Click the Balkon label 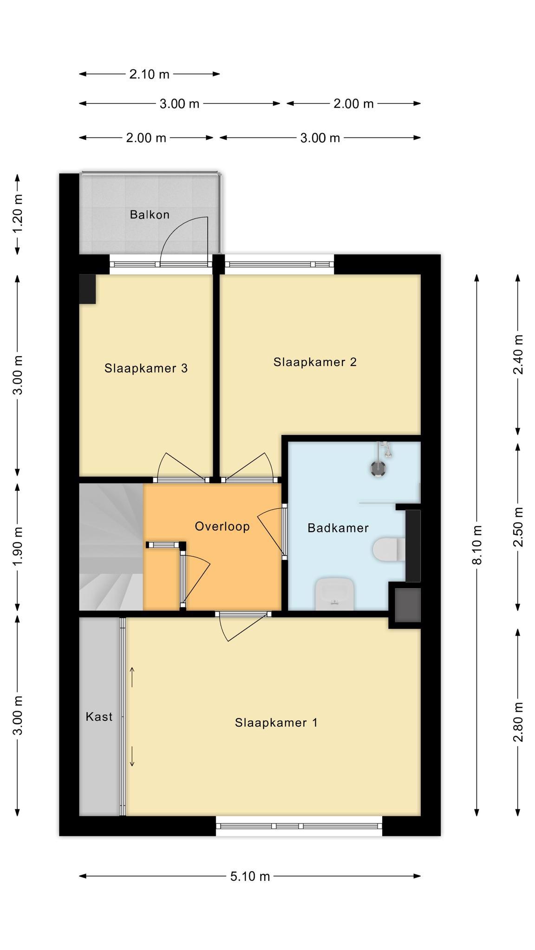150,215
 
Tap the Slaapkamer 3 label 146,368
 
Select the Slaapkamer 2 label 315,362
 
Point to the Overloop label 222,526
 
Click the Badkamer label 338,528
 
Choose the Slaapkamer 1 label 276,723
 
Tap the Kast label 99,717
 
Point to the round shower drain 378,468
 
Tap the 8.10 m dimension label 476,545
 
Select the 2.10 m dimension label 149,74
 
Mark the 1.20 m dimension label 18,214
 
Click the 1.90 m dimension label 18,546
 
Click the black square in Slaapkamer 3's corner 87,289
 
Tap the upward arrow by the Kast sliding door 132,677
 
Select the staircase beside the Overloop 111,547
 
